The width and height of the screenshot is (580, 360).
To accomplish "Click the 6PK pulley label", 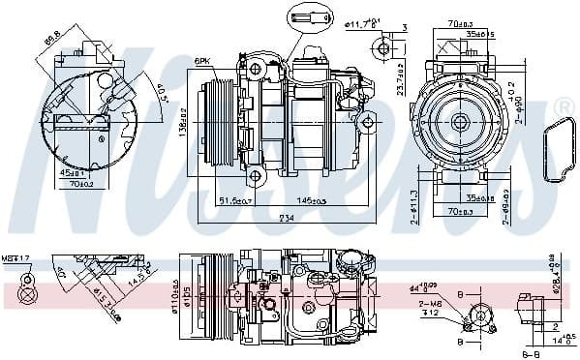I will pyautogui.click(x=204, y=61).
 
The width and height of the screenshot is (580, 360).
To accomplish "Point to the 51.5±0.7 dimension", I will pyautogui.click(x=234, y=200).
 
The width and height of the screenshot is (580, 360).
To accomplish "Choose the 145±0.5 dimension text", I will pyautogui.click(x=311, y=200).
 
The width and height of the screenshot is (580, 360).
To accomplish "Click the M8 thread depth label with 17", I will pyautogui.click(x=17, y=258).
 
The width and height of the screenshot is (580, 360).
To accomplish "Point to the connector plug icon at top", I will pyautogui.click(x=302, y=16).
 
